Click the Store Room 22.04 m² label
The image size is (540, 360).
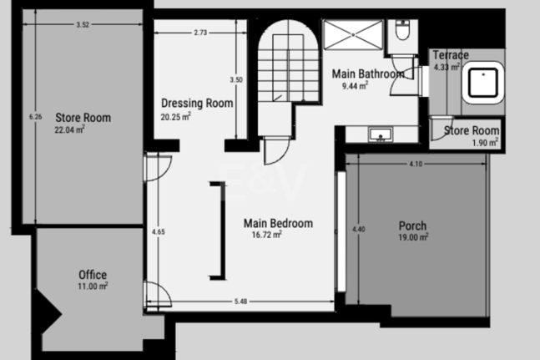[x=83, y=123]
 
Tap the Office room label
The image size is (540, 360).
[x=93, y=279]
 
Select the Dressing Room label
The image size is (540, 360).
[x=196, y=109]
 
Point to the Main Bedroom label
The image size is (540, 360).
[x=278, y=228]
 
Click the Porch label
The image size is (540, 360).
[x=412, y=231]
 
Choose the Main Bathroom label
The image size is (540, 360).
[x=367, y=78]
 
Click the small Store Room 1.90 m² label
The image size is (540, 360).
[x=472, y=134]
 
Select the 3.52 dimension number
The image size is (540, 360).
[x=82, y=25]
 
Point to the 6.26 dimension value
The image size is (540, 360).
[x=34, y=117]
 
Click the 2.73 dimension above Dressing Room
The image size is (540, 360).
[x=200, y=33]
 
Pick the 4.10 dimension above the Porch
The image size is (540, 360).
[x=415, y=164]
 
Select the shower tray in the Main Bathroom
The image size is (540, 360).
[x=353, y=34]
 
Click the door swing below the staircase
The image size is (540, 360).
[x=275, y=150]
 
